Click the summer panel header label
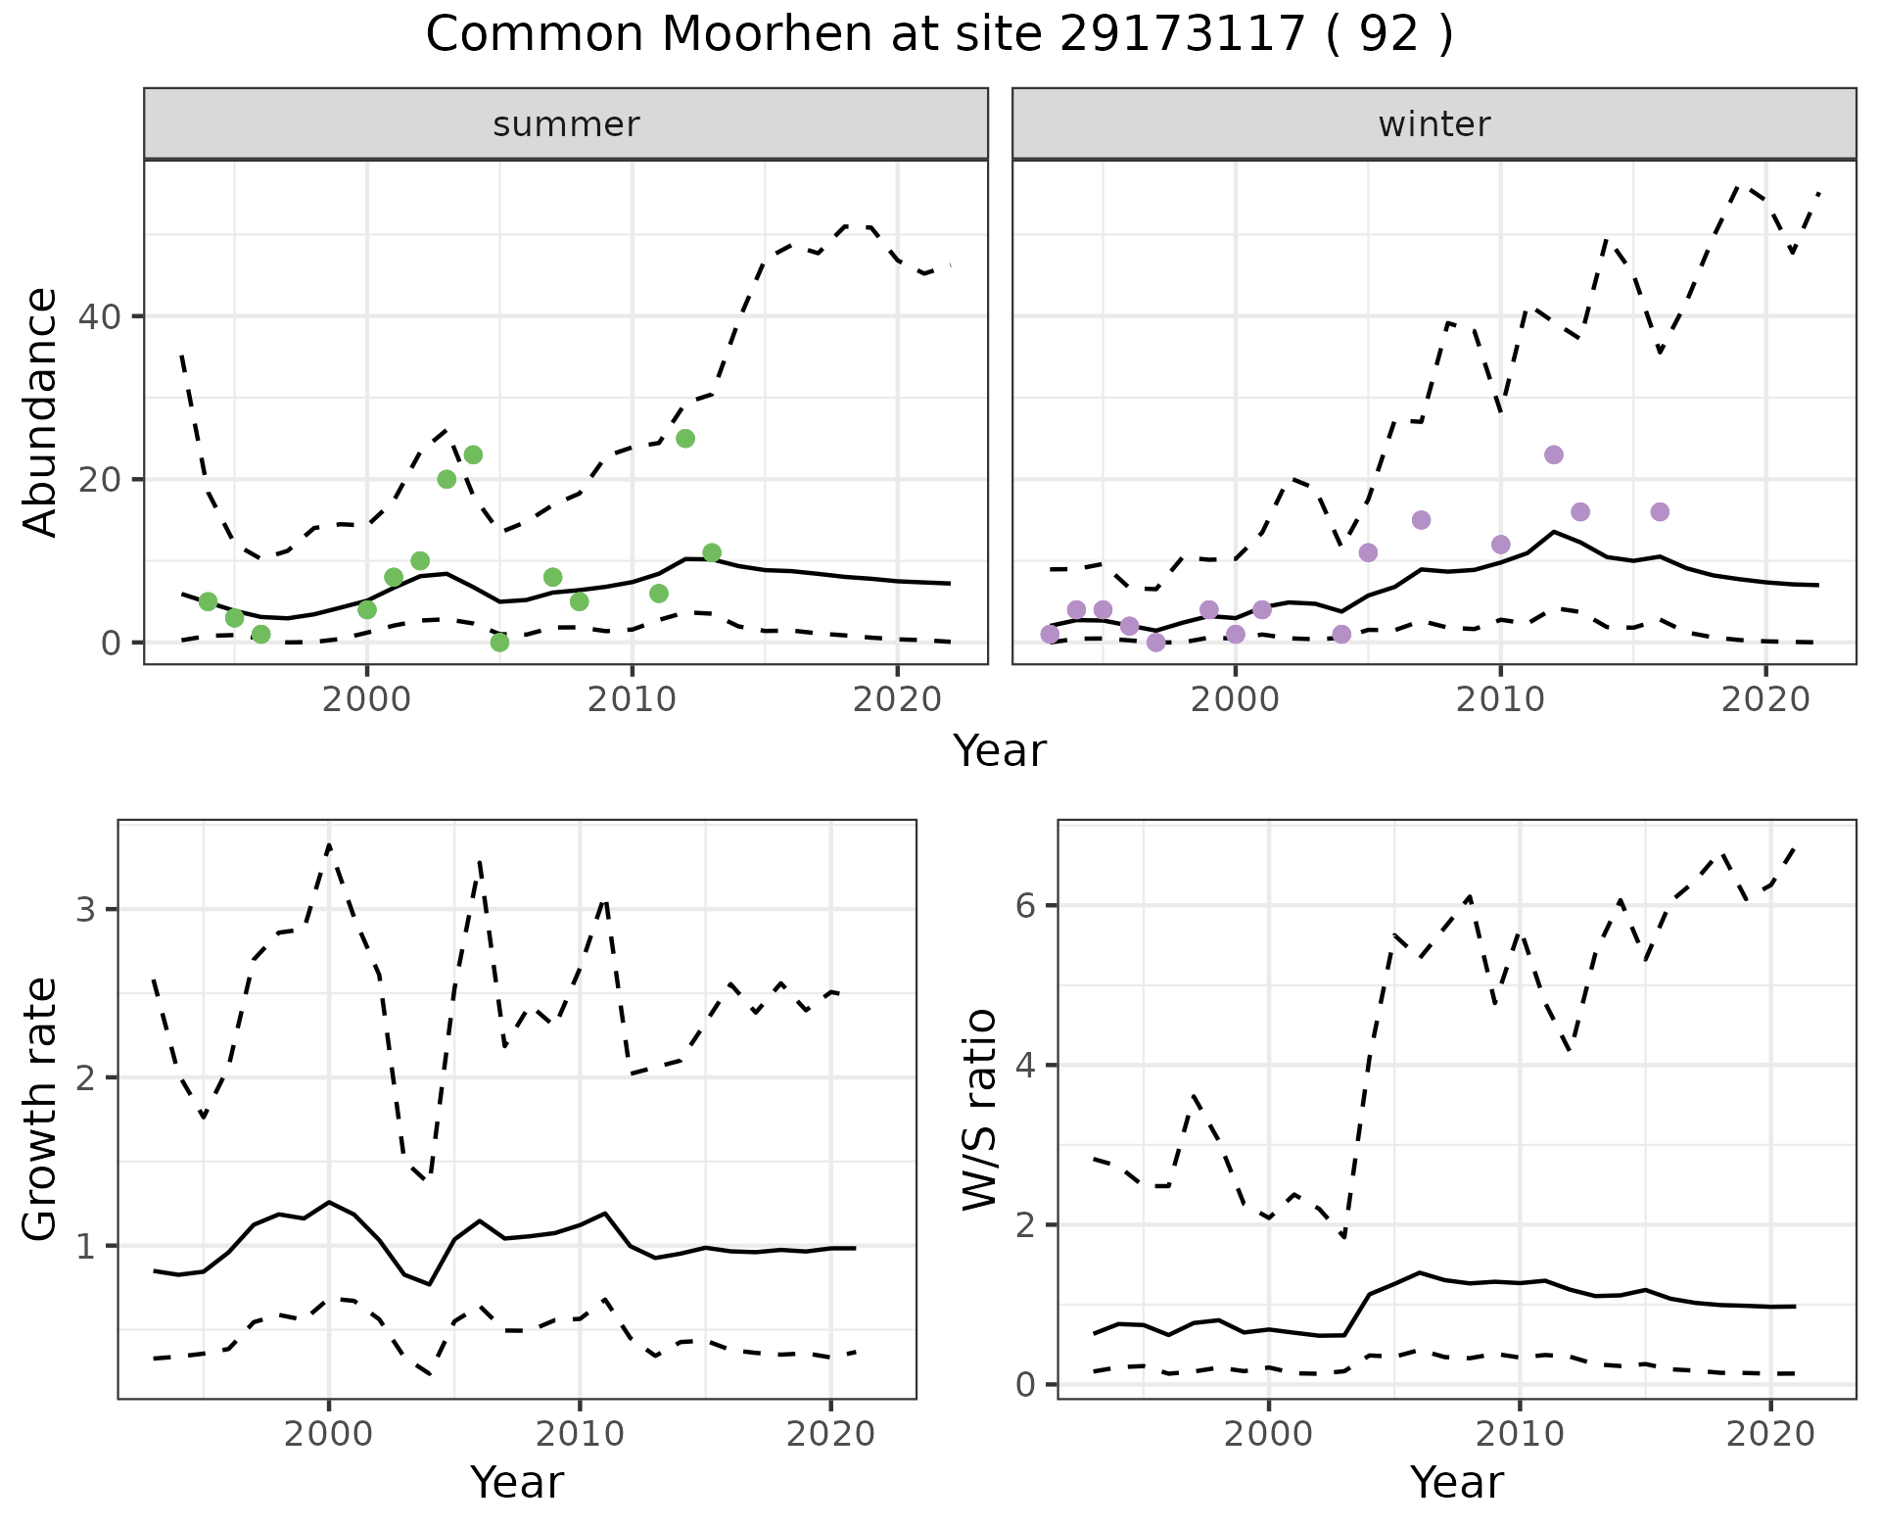click(x=566, y=124)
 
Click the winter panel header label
click(x=1433, y=124)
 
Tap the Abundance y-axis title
click(x=40, y=412)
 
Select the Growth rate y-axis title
click(x=40, y=1110)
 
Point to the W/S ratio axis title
click(x=980, y=1110)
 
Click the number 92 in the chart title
click(x=1388, y=35)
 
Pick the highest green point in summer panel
click(x=685, y=438)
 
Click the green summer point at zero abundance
click(x=499, y=643)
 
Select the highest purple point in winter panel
click(x=1554, y=454)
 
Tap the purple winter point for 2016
click(x=1660, y=511)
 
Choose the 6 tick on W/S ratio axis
click(x=1025, y=905)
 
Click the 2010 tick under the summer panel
click(x=633, y=700)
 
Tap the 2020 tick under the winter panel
click(x=1766, y=700)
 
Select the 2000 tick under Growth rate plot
click(x=329, y=1435)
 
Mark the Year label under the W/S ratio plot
click(x=1457, y=1483)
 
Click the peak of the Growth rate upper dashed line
click(x=329, y=844)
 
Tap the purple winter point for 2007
click(x=1422, y=520)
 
